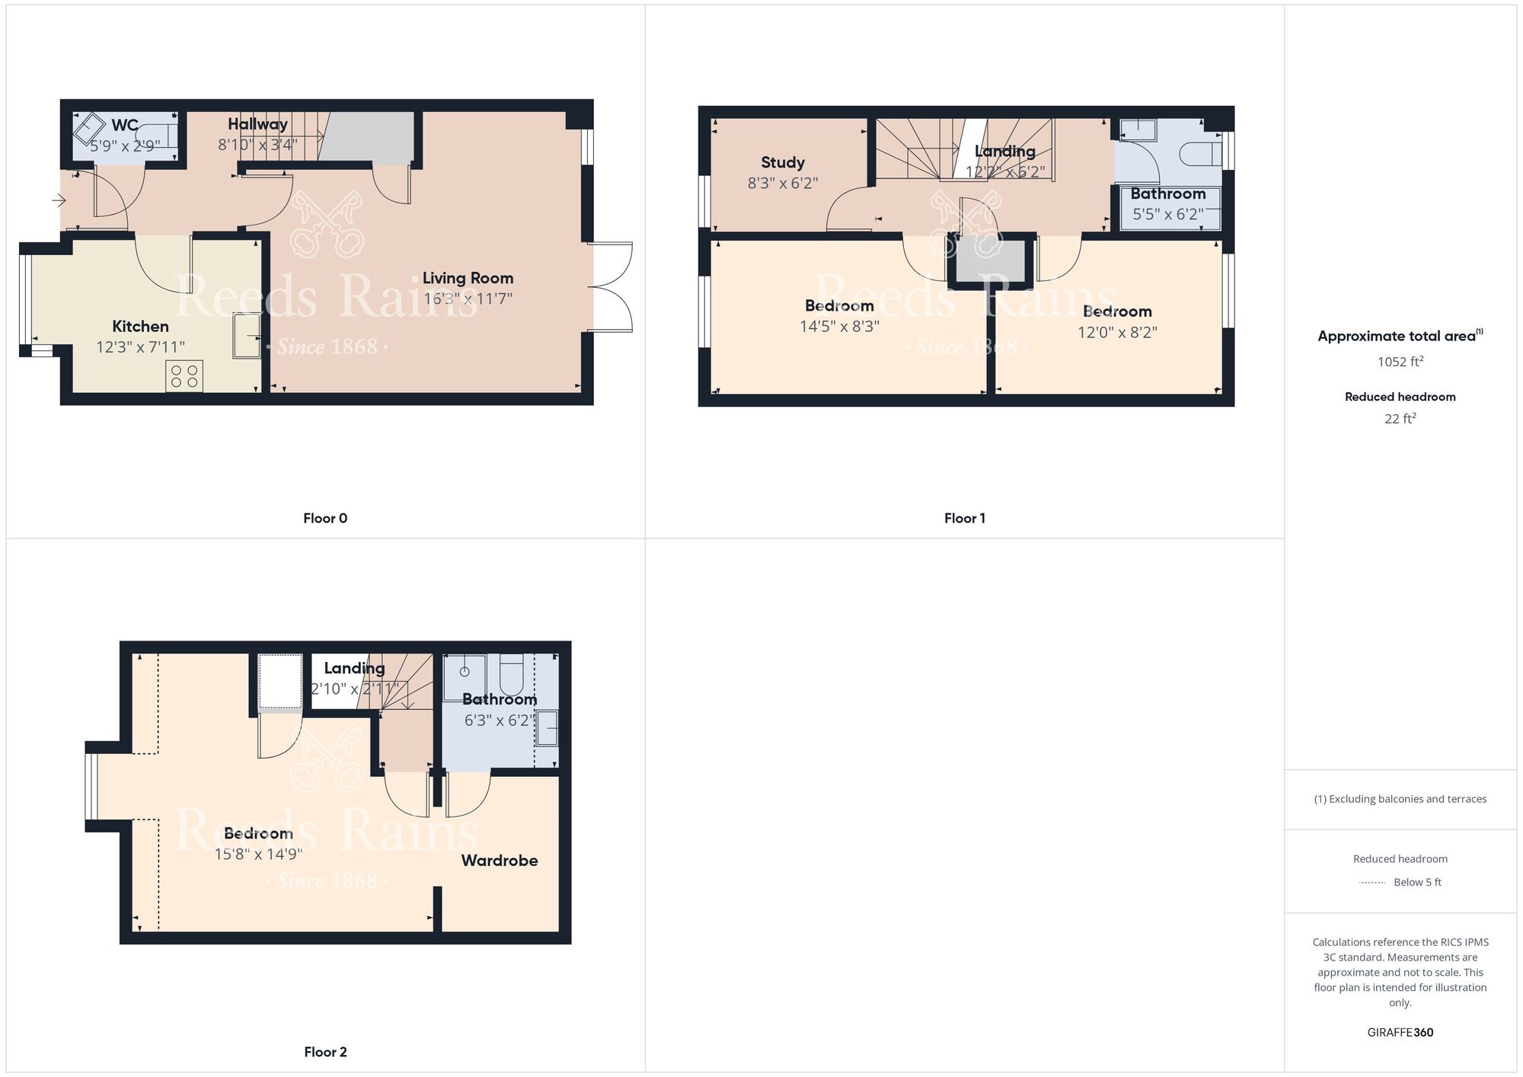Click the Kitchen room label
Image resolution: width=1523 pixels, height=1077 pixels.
click(141, 327)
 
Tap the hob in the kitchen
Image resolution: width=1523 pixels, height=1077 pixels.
click(184, 376)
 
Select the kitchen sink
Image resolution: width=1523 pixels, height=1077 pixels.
click(247, 335)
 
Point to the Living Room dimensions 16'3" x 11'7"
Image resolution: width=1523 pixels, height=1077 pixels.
click(468, 299)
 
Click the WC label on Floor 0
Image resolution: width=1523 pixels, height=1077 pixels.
click(125, 125)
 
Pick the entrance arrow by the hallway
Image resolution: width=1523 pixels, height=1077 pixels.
click(59, 201)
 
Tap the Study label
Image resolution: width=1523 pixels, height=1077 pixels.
click(783, 162)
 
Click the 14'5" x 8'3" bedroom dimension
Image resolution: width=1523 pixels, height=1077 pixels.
click(839, 327)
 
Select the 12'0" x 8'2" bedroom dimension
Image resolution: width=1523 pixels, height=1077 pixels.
click(1117, 332)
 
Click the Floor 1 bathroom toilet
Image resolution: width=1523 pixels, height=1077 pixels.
click(1201, 154)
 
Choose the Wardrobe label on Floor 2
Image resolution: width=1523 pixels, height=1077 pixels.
click(500, 861)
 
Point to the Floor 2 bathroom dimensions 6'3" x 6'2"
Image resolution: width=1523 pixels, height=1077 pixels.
click(500, 720)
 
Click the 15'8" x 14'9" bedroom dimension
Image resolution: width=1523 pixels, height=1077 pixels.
click(258, 854)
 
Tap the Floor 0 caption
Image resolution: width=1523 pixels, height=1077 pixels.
click(325, 518)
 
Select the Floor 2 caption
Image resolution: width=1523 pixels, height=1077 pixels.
click(325, 1052)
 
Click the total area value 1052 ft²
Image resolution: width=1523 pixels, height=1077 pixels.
click(1400, 361)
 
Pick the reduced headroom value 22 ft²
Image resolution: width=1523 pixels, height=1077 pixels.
click(1400, 418)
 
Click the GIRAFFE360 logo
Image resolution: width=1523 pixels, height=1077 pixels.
click(1400, 1033)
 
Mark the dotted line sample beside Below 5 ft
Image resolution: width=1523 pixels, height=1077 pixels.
click(1372, 883)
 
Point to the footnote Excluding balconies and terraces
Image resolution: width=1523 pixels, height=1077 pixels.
click(1400, 799)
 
